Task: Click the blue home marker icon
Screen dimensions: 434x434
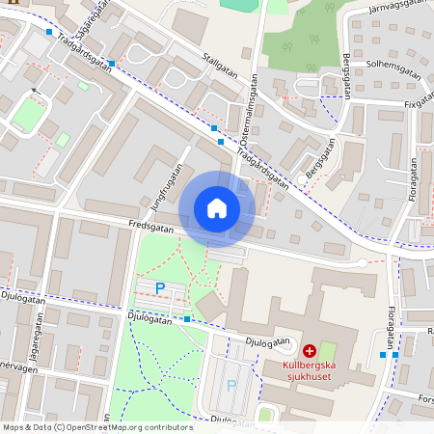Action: pos(217,208)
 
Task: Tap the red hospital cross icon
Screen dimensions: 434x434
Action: pos(310,352)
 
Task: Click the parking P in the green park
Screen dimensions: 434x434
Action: pos(160,287)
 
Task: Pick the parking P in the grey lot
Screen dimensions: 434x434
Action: pos(231,385)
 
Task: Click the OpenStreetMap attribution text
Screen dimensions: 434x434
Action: pos(97,426)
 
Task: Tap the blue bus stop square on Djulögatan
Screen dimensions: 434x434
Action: pos(187,318)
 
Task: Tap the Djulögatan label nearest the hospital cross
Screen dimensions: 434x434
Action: pos(268,340)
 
